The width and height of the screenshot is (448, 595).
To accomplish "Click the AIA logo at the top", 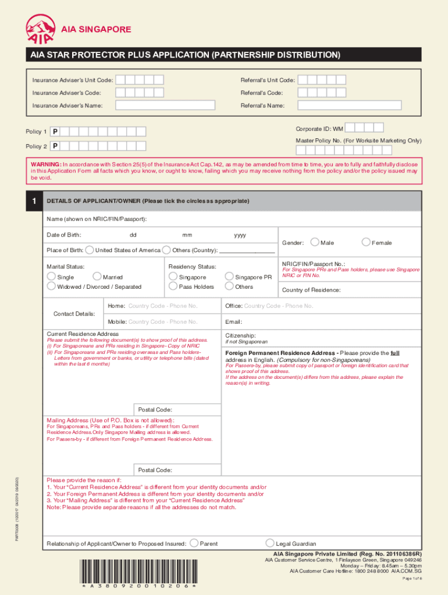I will (41, 29).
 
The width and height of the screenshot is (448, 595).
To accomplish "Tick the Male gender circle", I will (315, 242).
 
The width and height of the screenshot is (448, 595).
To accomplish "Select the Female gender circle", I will (366, 242).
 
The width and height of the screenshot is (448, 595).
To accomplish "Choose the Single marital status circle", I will (52, 277).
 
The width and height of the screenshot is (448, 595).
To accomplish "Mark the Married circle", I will (97, 277).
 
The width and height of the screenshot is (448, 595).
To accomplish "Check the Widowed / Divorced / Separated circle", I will (52, 286).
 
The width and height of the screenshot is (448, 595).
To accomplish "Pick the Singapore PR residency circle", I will (229, 277).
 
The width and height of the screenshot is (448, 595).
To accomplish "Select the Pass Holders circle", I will (173, 286).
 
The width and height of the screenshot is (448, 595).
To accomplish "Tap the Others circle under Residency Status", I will (229, 286).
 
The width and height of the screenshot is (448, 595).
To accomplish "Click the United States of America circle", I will (89, 250).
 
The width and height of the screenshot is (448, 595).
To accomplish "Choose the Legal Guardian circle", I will (269, 543).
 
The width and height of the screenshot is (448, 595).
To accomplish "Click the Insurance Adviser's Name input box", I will (165, 105).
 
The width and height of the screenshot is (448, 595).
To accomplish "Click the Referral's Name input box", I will (349, 105).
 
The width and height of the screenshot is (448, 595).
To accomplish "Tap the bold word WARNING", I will (45, 164).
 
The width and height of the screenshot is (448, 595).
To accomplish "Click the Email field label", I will (233, 322).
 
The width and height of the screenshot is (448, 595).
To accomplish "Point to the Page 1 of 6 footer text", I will (412, 579).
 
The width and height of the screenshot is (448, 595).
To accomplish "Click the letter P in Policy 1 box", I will (55, 132).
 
